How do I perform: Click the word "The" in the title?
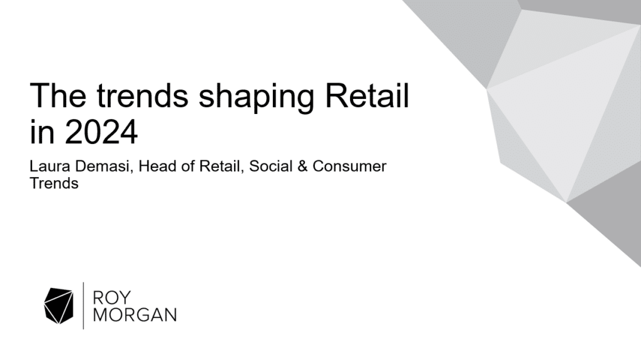pyautogui.click(x=58, y=95)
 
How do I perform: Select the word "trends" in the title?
pyautogui.click(x=143, y=95)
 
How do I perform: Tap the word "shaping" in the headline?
pyautogui.click(x=256, y=98)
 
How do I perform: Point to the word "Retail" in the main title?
pyautogui.click(x=367, y=95)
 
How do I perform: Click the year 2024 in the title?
pyautogui.click(x=101, y=131)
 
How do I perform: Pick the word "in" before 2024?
pyautogui.click(x=42, y=131)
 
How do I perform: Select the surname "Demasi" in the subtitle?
pyautogui.click(x=105, y=167)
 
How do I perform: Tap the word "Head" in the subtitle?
pyautogui.click(x=158, y=166)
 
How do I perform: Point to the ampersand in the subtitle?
pyautogui.click(x=302, y=166)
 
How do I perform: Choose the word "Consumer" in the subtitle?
pyautogui.click(x=349, y=166)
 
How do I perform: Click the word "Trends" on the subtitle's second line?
pyautogui.click(x=54, y=183)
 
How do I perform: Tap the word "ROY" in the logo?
pyautogui.click(x=112, y=298)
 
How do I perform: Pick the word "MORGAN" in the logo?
pyautogui.click(x=135, y=315)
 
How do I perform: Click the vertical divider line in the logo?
pyautogui.click(x=83, y=306)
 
